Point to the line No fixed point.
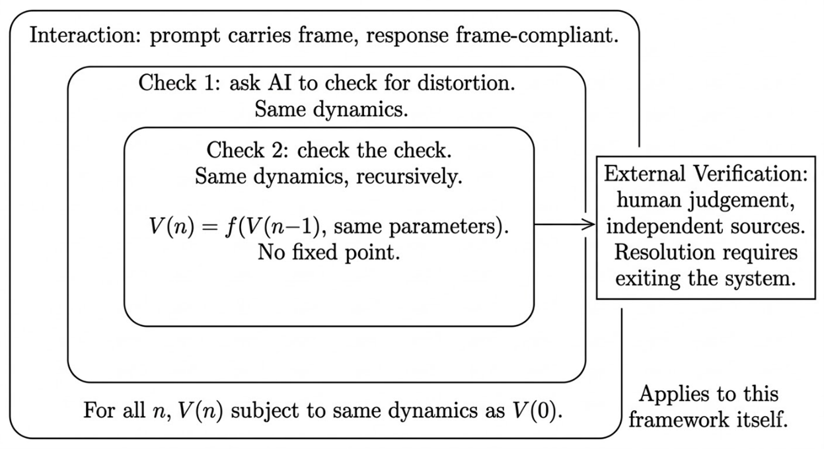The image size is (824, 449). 329,253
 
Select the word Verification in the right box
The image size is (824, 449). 753,174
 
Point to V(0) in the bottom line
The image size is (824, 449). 543,411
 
